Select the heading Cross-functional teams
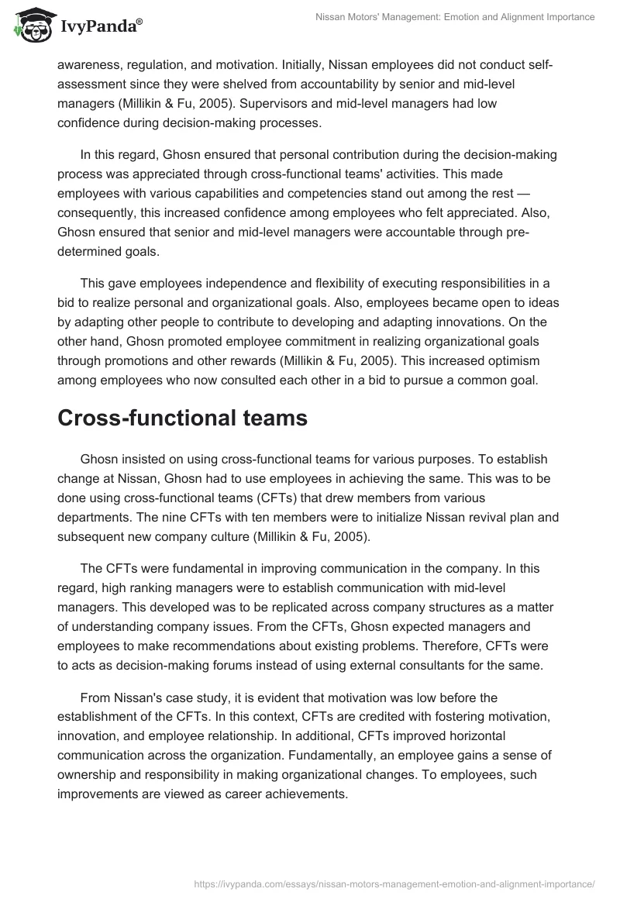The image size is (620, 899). point(182,418)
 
